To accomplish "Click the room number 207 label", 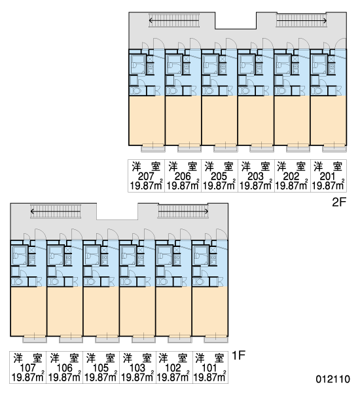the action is click(x=145, y=176).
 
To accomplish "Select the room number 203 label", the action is click(x=255, y=176).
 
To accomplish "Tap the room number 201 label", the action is click(x=328, y=176).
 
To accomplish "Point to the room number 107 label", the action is click(x=27, y=368).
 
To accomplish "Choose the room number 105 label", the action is click(x=100, y=368).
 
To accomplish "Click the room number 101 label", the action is click(x=209, y=368).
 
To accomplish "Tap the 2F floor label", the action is click(x=339, y=202).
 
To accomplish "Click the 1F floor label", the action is click(x=238, y=355).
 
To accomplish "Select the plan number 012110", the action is click(x=333, y=379).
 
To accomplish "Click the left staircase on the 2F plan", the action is click(x=174, y=20).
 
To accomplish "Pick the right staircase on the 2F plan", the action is click(x=302, y=20).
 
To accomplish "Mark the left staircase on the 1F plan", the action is click(x=56, y=212).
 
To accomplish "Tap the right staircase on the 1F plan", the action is click(x=183, y=212).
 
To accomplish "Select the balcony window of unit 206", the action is click(x=189, y=148).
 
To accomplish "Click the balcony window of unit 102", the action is click(x=180, y=339).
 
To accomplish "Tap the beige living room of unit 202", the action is click(x=292, y=121).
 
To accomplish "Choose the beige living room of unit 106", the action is click(x=65, y=311).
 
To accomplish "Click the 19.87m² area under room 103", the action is click(x=137, y=377).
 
